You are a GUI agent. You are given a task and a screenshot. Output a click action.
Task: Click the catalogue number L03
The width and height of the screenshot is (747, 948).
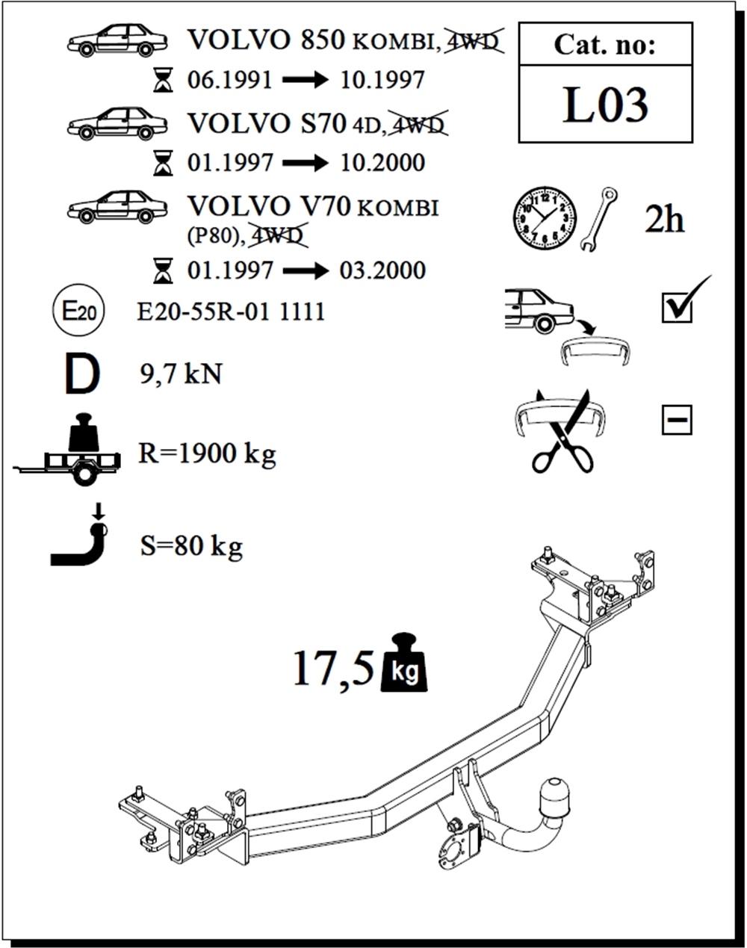click(605, 105)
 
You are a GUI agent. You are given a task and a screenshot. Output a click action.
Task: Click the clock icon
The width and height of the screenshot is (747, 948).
click(545, 217)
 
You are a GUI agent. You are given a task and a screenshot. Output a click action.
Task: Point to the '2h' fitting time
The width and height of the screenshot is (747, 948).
click(664, 220)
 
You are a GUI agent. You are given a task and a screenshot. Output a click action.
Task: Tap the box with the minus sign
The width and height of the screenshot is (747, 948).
click(677, 420)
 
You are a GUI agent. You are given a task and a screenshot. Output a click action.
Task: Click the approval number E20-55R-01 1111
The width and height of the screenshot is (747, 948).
click(231, 312)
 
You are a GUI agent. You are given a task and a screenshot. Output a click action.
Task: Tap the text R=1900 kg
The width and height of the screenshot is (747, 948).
click(207, 453)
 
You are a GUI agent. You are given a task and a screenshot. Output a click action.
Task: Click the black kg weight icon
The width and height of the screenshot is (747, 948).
click(404, 664)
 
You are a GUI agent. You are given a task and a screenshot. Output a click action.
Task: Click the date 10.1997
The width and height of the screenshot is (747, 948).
click(382, 80)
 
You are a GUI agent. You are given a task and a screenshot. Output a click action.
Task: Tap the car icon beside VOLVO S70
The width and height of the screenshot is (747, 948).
click(117, 123)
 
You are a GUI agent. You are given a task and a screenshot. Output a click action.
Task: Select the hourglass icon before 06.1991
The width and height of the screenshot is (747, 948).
click(162, 80)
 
